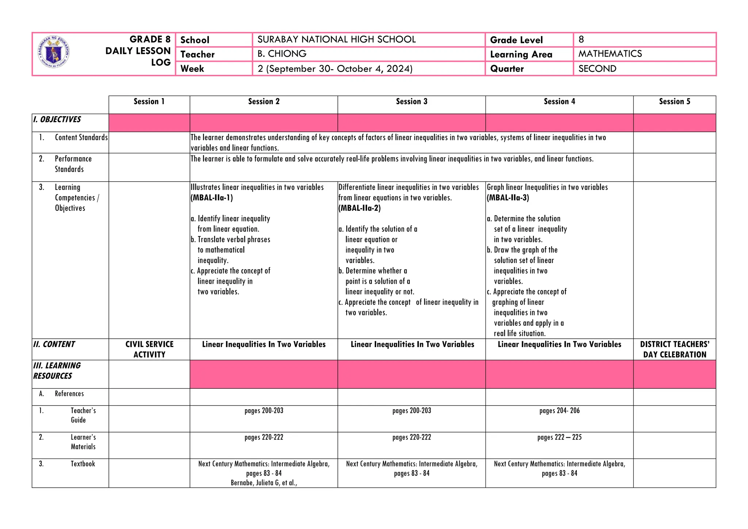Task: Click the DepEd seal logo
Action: pyautogui.click(x=54, y=52)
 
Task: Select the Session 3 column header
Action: pyautogui.click(x=412, y=102)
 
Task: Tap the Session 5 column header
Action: pyautogui.click(x=675, y=102)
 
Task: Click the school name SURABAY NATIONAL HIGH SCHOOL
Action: pyautogui.click(x=336, y=39)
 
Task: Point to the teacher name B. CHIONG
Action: pyautogui.click(x=282, y=54)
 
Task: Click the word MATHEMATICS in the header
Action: pyautogui.click(x=610, y=54)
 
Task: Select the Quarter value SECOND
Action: pyautogui.click(x=597, y=69)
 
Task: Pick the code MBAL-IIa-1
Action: pyautogui.click(x=212, y=198)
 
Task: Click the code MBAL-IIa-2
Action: pyautogui.click(x=360, y=208)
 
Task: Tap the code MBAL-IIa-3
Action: pyautogui.click(x=508, y=198)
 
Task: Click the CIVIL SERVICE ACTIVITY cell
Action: pyautogui.click(x=149, y=349)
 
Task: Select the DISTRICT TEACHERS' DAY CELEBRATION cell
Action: pyautogui.click(x=675, y=349)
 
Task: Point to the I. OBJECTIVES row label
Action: pyautogui.click(x=57, y=119)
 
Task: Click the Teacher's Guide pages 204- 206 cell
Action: pyautogui.click(x=560, y=411)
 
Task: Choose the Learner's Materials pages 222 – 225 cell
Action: pyautogui.click(x=560, y=437)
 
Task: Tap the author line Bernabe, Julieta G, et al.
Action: pyautogui.click(x=264, y=483)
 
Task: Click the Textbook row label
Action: pyautogui.click(x=83, y=464)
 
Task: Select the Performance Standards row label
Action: pyautogui.click(x=73, y=164)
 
